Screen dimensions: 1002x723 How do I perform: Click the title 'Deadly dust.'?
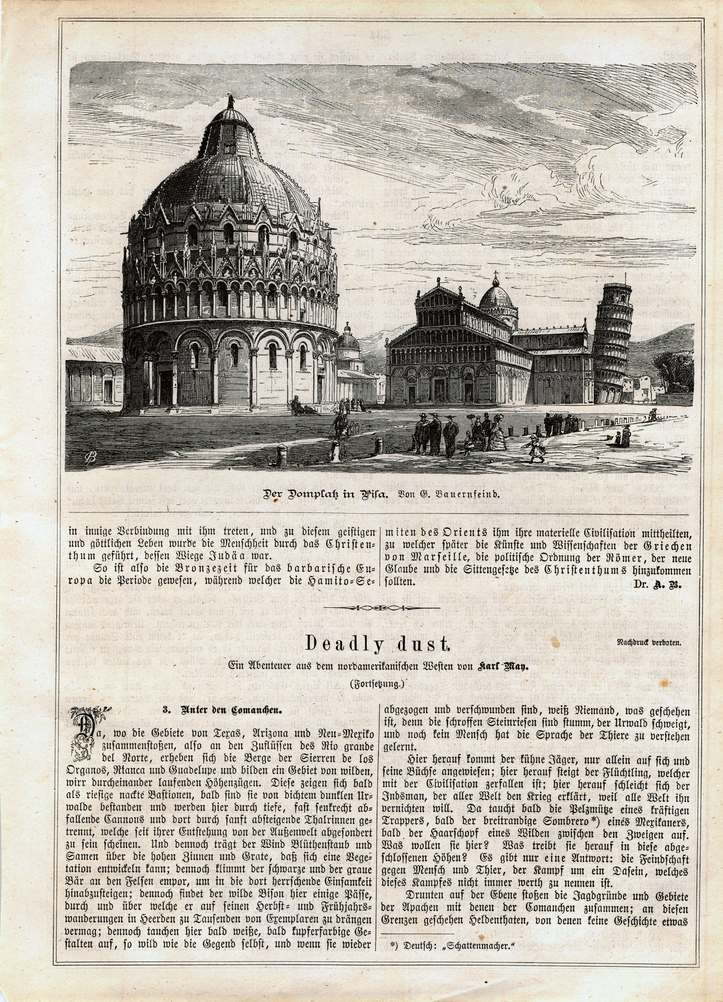coord(377,645)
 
